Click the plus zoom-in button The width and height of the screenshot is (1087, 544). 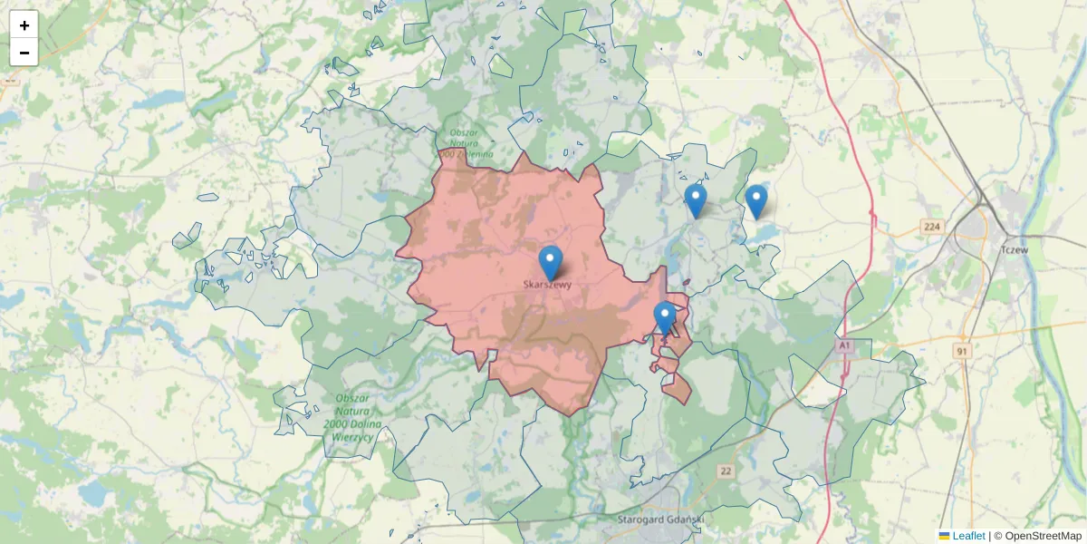[x=24, y=25]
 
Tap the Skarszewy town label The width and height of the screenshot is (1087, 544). [x=548, y=285]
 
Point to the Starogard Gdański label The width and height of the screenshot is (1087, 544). [x=659, y=520]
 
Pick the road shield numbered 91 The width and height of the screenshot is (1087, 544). [x=962, y=350]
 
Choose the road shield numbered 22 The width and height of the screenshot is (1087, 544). [x=726, y=471]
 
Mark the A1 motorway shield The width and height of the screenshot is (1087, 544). [x=845, y=346]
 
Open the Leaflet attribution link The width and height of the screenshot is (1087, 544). [x=968, y=536]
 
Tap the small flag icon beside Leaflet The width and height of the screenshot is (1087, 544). [x=945, y=536]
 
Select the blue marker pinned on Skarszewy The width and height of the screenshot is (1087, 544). [x=550, y=262]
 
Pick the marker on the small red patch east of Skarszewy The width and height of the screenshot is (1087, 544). [x=665, y=317]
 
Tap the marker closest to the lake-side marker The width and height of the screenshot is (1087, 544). [x=696, y=200]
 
